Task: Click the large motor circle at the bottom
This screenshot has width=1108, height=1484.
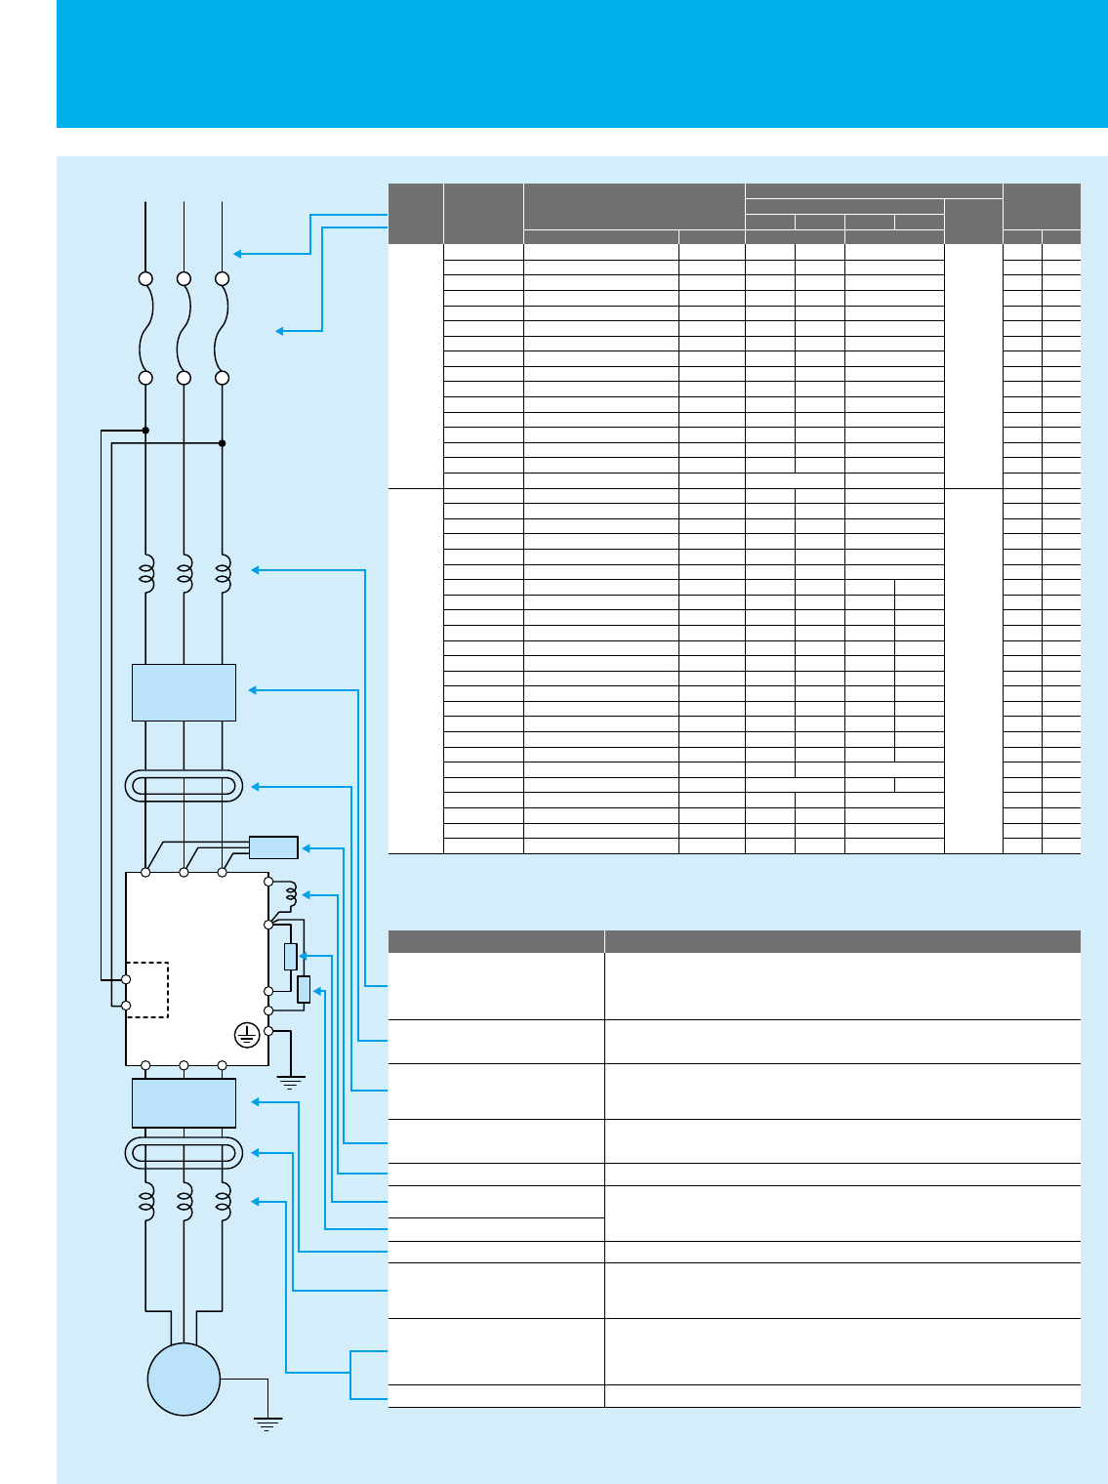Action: pos(184,1379)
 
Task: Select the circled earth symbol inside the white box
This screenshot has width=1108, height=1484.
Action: pos(248,1035)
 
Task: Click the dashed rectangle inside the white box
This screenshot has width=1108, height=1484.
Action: pos(147,990)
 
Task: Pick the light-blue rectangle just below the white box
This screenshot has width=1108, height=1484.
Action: pos(184,1103)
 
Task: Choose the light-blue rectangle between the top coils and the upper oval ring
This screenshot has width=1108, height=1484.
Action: pos(184,692)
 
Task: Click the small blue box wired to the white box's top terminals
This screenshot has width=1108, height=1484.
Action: pos(273,847)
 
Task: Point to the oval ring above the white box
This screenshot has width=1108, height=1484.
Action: pos(184,786)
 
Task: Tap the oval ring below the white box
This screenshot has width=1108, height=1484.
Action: pos(184,1153)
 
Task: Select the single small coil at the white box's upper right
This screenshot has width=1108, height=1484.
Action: pos(290,894)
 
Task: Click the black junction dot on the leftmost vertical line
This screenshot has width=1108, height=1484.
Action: pos(145,430)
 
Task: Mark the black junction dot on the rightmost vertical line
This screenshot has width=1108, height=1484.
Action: pos(223,443)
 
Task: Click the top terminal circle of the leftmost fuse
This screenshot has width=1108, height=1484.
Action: pos(145,278)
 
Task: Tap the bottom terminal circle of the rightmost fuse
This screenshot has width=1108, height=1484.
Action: pos(223,378)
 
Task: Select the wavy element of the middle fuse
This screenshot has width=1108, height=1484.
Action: pos(184,328)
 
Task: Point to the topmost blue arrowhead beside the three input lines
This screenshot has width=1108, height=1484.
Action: pos(237,254)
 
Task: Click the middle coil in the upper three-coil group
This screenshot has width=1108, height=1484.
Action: pos(184,573)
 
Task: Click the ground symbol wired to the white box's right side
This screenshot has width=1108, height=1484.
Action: pos(290,1081)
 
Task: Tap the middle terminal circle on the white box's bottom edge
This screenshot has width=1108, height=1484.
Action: pos(184,1065)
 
